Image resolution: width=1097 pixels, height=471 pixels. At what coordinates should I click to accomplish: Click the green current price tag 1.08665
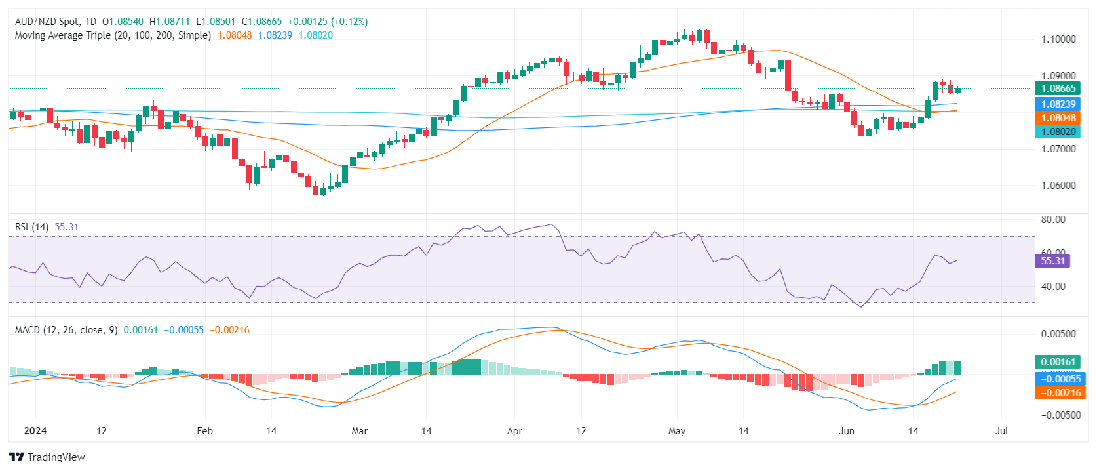(x=1058, y=89)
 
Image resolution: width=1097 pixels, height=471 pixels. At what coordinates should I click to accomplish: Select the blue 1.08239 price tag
(x=1058, y=104)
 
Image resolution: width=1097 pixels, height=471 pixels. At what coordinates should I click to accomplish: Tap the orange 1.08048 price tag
(x=1058, y=118)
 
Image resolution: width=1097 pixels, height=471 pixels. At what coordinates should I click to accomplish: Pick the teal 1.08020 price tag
(x=1058, y=132)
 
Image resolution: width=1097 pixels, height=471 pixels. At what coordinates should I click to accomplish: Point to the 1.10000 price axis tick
(x=1058, y=39)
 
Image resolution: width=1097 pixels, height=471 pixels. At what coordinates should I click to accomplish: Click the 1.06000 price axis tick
(x=1058, y=186)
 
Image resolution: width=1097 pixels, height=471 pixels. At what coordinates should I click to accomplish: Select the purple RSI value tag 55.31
(x=1052, y=261)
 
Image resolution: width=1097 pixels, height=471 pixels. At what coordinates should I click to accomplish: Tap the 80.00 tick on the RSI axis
(x=1053, y=220)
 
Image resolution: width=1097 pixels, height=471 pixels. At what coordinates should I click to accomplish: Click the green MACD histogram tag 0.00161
(x=1058, y=362)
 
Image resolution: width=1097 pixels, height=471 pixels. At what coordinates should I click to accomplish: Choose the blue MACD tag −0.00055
(x=1058, y=379)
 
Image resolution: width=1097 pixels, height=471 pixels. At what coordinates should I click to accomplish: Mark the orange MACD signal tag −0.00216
(x=1058, y=392)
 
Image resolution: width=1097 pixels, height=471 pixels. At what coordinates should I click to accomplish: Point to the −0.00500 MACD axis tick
(x=1058, y=415)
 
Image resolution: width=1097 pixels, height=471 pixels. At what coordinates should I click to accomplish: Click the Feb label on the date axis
(x=205, y=431)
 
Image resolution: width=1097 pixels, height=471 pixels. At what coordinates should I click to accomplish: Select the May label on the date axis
(x=677, y=431)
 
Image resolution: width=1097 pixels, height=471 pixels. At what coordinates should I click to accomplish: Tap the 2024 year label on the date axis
(x=35, y=431)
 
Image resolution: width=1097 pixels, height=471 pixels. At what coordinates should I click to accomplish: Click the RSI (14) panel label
(x=31, y=227)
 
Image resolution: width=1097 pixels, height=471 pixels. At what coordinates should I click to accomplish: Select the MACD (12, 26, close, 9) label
(x=66, y=330)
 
